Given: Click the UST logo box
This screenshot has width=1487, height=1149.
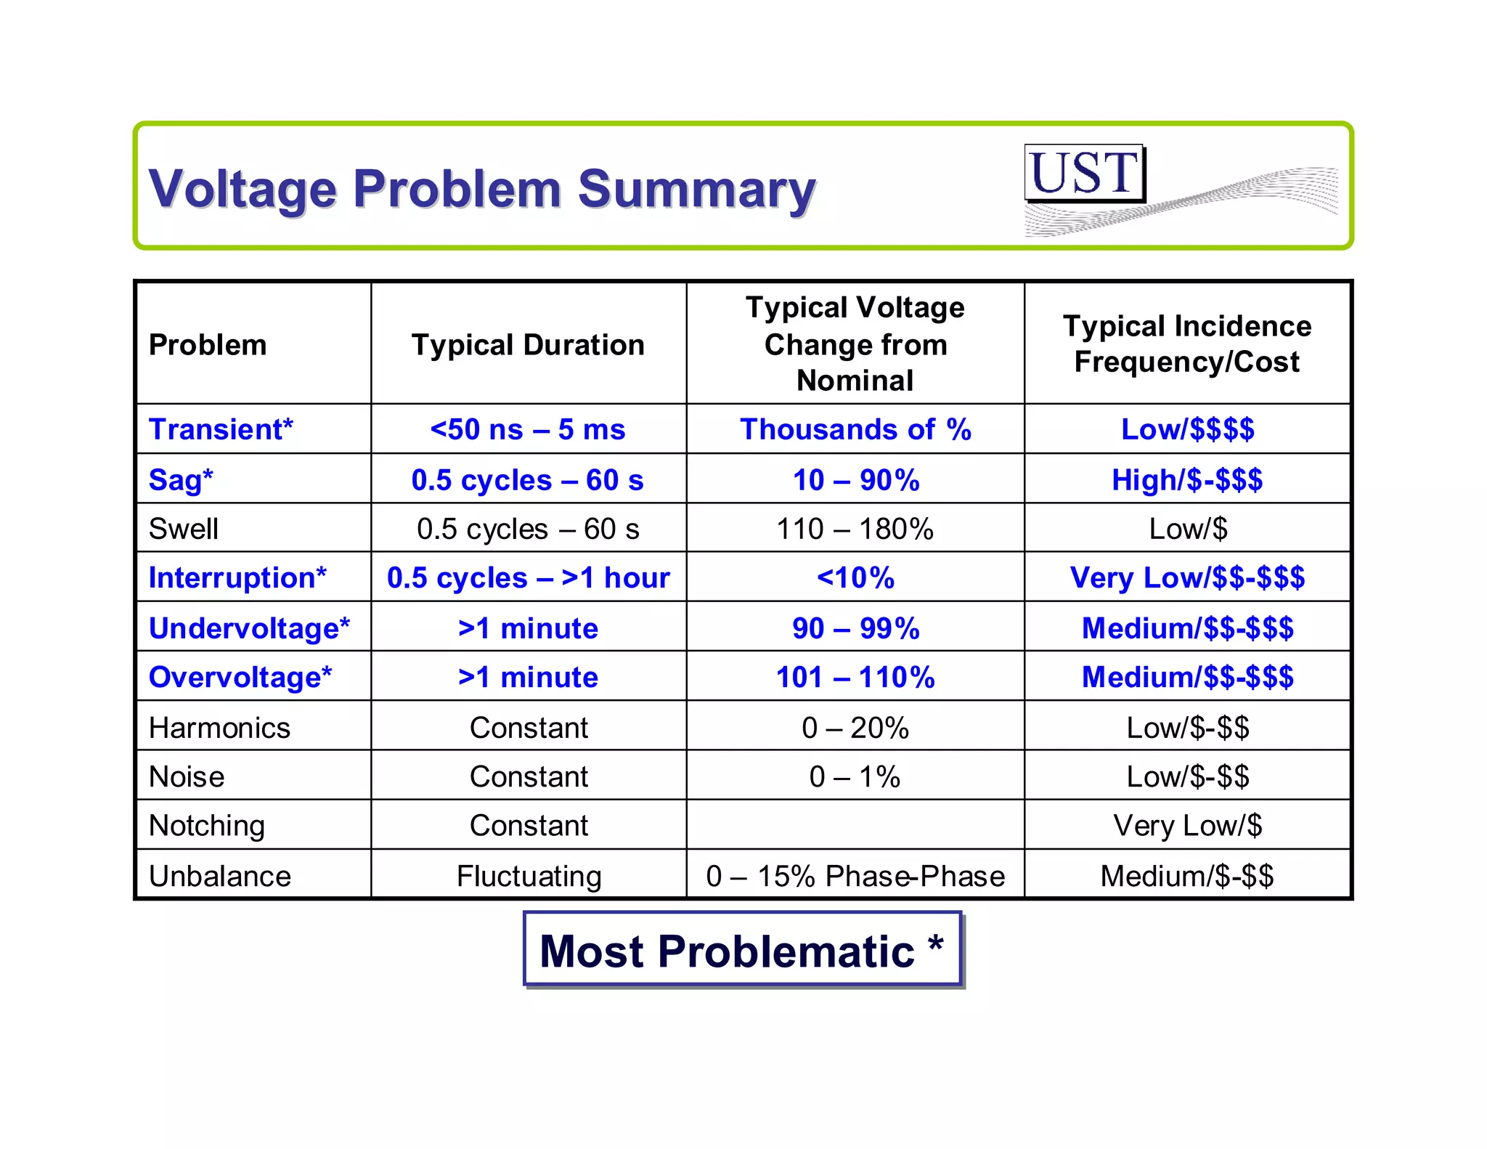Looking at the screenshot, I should [1084, 173].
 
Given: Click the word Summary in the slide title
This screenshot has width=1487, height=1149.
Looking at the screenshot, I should [696, 189].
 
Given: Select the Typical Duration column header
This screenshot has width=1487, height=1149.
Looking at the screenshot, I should [528, 345].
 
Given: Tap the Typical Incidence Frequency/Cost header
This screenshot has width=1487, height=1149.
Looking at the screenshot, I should [1187, 344].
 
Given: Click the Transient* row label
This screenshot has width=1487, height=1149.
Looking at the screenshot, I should [221, 429].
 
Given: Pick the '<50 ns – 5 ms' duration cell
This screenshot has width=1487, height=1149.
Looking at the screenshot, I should [528, 429].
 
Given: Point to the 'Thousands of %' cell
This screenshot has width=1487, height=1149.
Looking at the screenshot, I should [855, 429].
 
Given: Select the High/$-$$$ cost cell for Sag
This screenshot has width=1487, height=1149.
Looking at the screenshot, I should [1187, 480].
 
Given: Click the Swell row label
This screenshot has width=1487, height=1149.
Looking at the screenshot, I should [183, 529].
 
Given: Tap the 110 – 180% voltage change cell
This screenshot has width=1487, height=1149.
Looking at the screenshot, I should [855, 529].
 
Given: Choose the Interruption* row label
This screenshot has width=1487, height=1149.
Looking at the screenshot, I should [237, 578].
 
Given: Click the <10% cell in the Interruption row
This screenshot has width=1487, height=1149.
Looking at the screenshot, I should [855, 578].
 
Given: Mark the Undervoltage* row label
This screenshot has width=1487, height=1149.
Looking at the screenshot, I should [249, 628].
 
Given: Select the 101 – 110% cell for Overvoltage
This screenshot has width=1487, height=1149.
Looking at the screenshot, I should [855, 677].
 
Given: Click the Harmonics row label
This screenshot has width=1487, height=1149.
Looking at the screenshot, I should [219, 728].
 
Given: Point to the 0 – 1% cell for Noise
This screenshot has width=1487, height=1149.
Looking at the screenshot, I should [855, 777].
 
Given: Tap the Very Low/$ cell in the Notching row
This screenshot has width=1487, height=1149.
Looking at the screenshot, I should [1187, 826].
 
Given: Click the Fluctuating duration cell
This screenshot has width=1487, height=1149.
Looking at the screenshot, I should [529, 876].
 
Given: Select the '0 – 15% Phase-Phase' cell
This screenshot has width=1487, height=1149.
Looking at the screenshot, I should [855, 876].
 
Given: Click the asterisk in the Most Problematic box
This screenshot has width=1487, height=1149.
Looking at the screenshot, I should [935, 945].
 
